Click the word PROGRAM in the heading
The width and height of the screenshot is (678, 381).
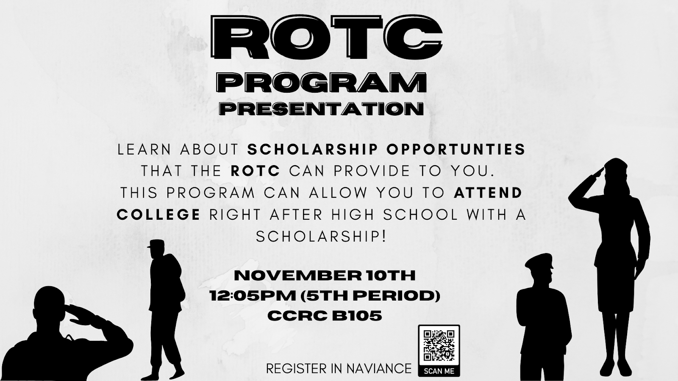pos(322,82)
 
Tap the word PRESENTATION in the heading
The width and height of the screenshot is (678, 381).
pos(321,109)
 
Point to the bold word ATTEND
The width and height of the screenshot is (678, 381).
pos(488,193)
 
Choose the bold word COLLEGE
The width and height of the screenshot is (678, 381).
pos(158,215)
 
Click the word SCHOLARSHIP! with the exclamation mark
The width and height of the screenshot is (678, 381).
pos(321,237)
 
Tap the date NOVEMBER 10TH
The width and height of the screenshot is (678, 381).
pos(325,276)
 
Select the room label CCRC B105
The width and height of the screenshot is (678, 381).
pos(325,316)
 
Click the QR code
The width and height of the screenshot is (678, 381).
pos(439,346)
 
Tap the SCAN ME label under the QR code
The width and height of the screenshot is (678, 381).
pos(439,371)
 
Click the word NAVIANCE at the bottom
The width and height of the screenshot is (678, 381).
pos(379,369)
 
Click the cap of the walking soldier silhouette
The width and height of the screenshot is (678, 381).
pos(156,244)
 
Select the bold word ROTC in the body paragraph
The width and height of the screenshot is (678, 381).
pos(255,171)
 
